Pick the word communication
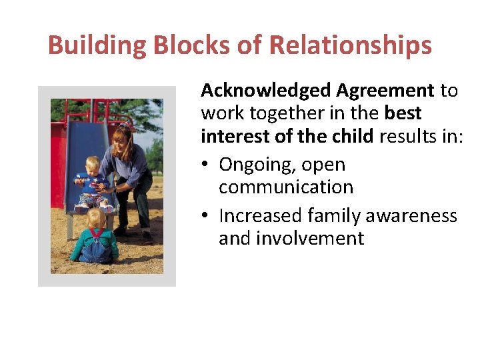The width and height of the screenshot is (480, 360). pos(286,187)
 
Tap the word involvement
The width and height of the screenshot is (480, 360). pos(291,239)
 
